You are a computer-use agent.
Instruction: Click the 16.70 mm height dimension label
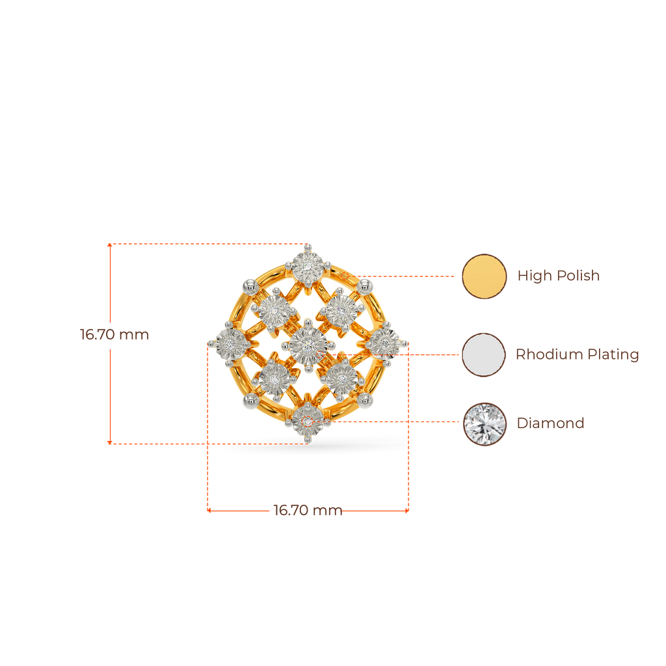pos(114,335)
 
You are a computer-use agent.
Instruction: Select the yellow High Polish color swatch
pos(484,276)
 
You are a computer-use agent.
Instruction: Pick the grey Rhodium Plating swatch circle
pos(484,354)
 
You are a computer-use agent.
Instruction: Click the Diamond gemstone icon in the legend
pos(484,424)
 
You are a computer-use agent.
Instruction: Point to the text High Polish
pos(558,276)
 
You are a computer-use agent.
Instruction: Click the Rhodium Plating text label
pos(577,354)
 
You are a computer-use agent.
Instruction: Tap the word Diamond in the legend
pos(550,423)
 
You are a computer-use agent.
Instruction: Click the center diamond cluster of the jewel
pos(308,344)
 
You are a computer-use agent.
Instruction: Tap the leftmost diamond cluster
pos(228,341)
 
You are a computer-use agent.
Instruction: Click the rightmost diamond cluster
pos(387,341)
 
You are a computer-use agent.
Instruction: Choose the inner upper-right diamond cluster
pos(341,311)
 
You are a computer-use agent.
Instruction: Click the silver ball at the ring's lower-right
pos(366,401)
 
